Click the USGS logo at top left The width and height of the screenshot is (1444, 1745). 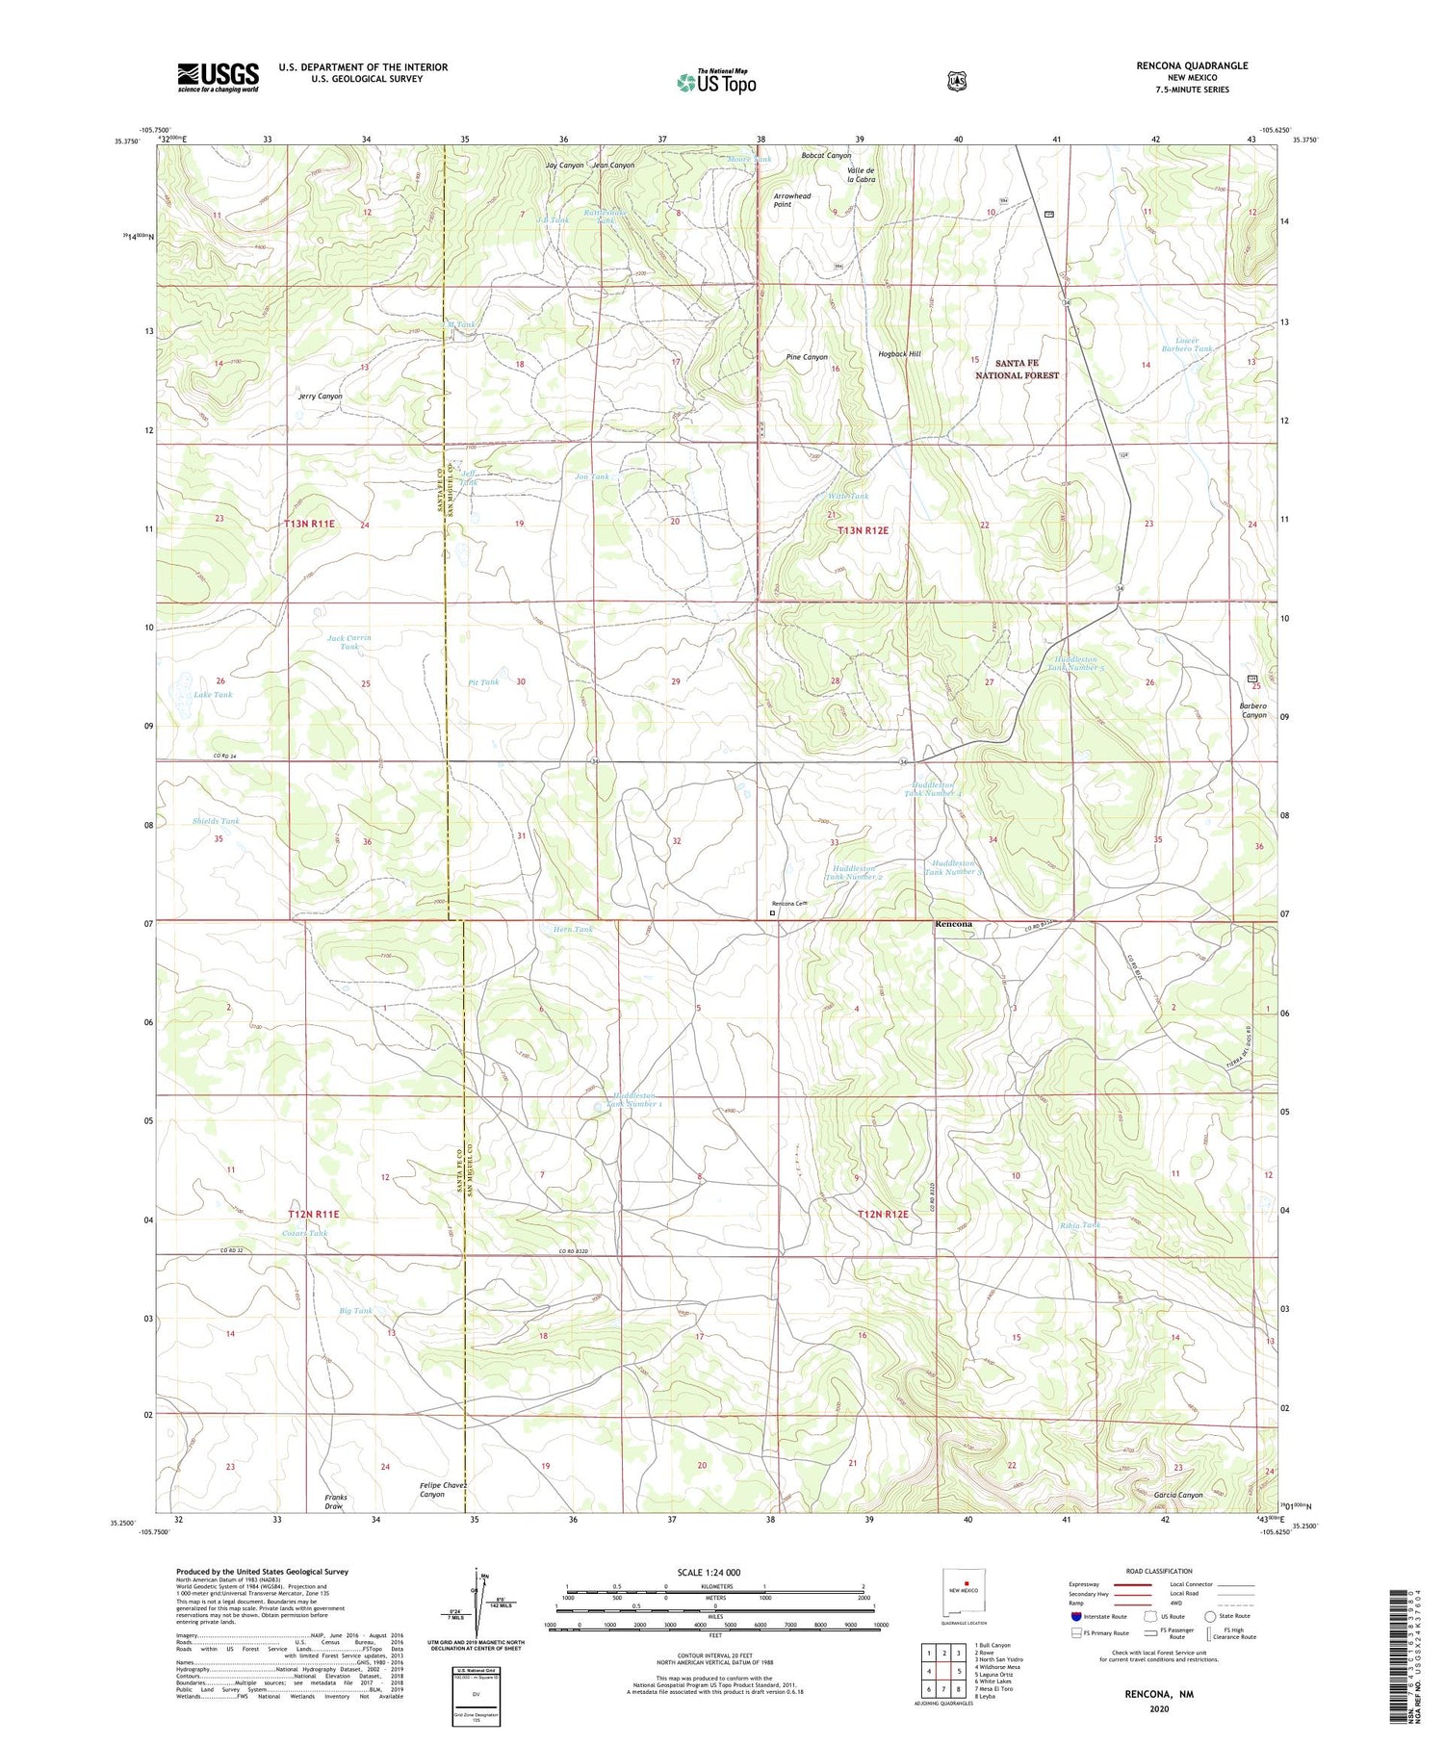pos(218,77)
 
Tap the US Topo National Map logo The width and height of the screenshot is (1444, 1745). pos(715,81)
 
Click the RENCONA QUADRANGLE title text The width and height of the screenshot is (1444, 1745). pos(1191,65)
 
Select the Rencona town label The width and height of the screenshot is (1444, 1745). pos(953,923)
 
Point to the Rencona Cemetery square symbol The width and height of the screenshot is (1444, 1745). pos(772,913)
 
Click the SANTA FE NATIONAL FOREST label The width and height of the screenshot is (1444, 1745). pos(1017,369)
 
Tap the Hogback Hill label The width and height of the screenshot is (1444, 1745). pos(899,354)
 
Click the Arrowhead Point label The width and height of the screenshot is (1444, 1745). pos(792,200)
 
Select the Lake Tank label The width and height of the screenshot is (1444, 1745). pos(213,694)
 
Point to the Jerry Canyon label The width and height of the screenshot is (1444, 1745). pos(320,396)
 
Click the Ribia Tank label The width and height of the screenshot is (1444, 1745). pos(1078,1224)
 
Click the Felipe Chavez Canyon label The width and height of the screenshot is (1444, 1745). pos(444,1489)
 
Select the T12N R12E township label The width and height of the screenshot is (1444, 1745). pos(883,1214)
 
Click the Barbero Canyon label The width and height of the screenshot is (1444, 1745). pos(1253,709)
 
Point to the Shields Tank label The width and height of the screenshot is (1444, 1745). pos(216,821)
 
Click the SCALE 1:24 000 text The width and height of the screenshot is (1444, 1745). pos(709,1572)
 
